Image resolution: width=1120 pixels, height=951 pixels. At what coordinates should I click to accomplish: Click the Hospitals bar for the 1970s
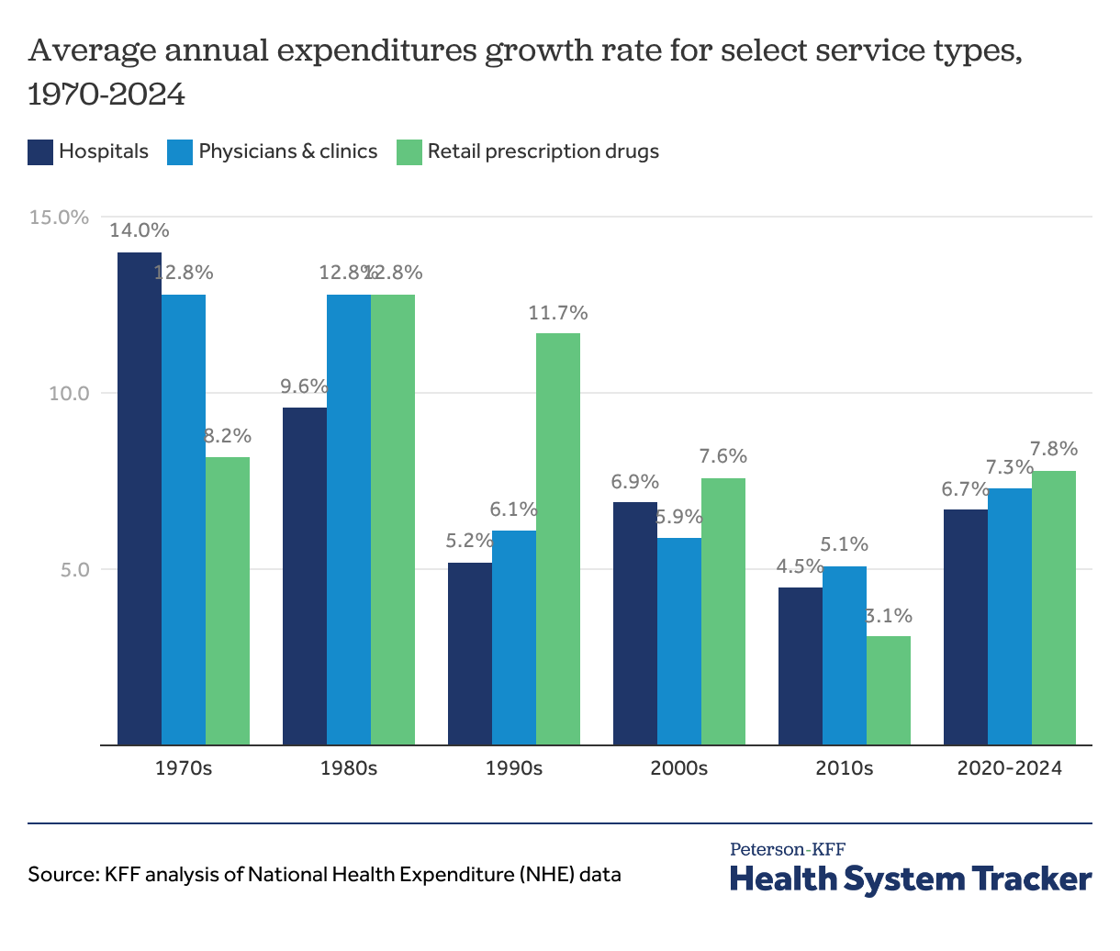point(140,498)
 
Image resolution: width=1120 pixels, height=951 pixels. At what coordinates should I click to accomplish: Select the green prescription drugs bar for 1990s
point(558,539)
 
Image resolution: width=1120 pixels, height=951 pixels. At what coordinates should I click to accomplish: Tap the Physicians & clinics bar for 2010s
point(845,655)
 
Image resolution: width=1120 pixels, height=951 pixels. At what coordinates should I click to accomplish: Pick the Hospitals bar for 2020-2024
point(966,627)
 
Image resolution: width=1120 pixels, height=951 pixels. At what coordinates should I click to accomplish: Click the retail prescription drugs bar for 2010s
point(889,690)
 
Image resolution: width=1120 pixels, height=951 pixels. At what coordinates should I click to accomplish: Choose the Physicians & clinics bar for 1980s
point(349,520)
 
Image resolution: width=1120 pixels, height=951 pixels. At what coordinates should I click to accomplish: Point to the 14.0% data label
point(140,230)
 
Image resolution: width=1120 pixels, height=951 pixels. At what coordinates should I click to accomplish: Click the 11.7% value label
point(558,313)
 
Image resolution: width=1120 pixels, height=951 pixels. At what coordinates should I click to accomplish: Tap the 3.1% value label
point(889,616)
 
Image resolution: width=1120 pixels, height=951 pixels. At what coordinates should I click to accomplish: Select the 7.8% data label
point(1054,449)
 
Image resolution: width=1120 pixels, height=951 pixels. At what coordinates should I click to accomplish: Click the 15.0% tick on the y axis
point(60,218)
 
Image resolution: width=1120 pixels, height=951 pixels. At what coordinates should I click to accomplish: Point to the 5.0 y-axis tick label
point(70,569)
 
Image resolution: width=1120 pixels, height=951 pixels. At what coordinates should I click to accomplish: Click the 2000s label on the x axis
point(679,768)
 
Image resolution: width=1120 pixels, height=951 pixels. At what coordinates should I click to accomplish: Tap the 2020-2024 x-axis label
point(1010,768)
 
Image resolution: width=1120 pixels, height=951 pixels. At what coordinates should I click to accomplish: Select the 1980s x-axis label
point(349,768)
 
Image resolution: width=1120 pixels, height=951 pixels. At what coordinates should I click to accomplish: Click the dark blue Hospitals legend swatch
point(40,151)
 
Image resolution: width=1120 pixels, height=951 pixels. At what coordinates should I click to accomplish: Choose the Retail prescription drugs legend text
point(543,151)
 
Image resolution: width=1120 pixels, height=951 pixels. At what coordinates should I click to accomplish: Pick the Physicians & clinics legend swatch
point(180,151)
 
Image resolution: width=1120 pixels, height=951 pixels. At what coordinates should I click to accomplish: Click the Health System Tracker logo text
point(911,878)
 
